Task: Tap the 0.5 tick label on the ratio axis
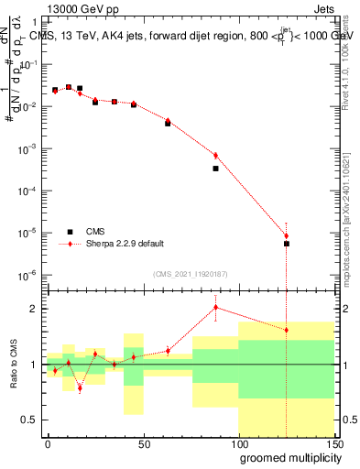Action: [29, 420]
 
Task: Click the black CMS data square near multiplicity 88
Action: [216, 169]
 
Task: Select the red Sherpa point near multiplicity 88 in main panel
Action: [216, 155]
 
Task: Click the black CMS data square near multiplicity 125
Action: [287, 244]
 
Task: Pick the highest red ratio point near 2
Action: [216, 307]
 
